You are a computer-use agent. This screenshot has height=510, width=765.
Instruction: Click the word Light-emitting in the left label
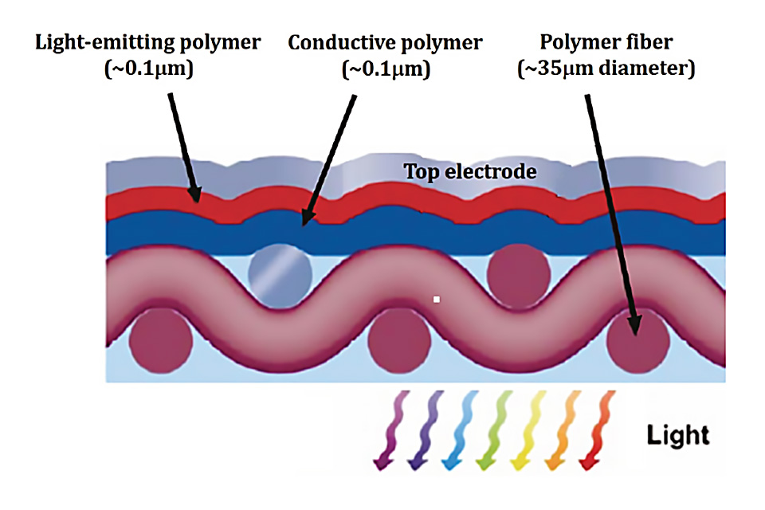pyautogui.click(x=88, y=41)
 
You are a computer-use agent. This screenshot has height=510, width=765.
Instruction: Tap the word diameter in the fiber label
pyautogui.click(x=645, y=69)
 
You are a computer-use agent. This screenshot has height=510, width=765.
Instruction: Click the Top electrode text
pyautogui.click(x=469, y=171)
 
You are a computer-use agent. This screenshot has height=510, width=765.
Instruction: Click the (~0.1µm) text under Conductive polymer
pyautogui.click(x=386, y=69)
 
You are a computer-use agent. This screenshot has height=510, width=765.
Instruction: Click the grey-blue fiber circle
pyautogui.click(x=279, y=272)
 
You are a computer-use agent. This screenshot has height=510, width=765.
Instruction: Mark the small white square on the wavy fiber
pyautogui.click(x=436, y=300)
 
